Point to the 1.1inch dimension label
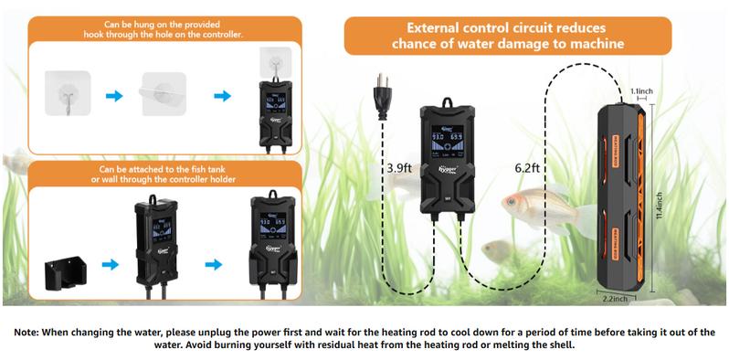642,91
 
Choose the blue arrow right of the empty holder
111,265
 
